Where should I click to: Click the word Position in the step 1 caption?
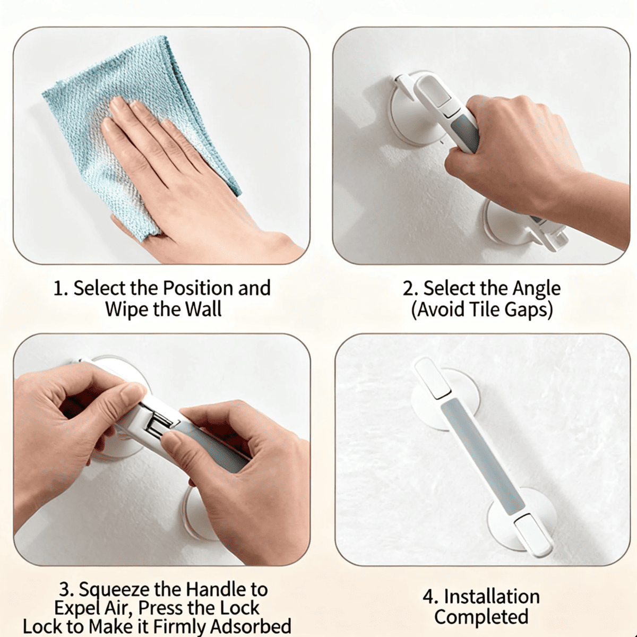198,288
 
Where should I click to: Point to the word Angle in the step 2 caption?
537,288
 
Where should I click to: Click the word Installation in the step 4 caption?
492,597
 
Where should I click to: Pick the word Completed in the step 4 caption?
481,617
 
